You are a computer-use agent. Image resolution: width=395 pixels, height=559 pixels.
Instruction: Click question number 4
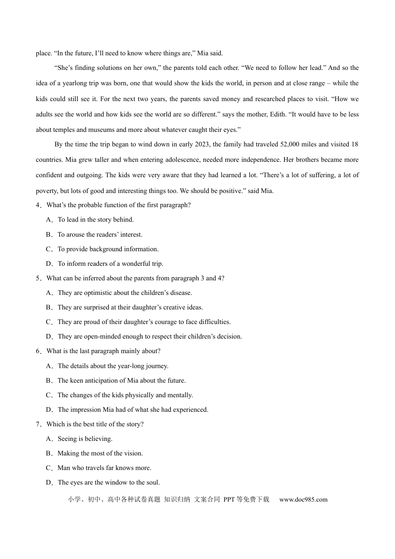point(38,205)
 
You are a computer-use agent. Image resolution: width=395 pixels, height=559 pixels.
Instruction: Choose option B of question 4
point(100,235)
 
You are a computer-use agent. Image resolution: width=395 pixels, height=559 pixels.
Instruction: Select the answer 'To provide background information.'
point(108,249)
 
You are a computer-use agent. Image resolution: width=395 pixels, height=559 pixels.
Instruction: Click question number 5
point(38,278)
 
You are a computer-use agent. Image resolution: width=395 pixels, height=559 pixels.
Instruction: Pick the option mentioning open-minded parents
point(150,336)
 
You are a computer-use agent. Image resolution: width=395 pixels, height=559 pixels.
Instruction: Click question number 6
point(38,351)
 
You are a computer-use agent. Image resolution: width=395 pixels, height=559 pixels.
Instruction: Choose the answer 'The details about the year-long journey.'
point(113,366)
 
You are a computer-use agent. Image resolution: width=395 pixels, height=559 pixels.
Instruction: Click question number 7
point(38,424)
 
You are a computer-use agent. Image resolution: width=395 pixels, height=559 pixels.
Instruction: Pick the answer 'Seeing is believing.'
point(85,439)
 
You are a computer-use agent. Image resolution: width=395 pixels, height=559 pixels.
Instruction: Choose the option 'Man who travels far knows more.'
point(104,468)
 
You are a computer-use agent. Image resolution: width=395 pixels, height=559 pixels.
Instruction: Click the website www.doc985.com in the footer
point(303,500)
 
